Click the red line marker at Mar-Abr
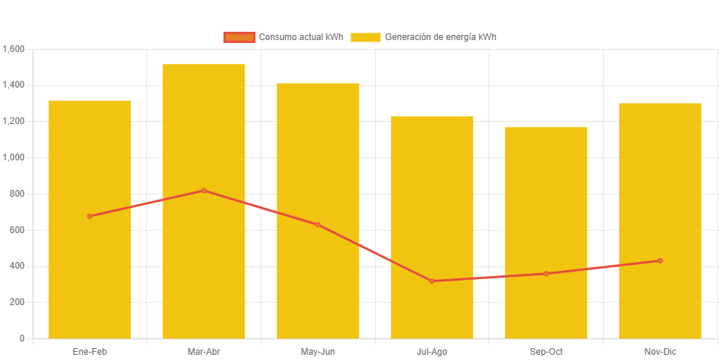pos(203,191)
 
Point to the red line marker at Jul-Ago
pos(432,281)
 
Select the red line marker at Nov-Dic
pos(659,261)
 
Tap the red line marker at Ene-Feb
pos(90,216)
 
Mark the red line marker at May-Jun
pos(318,224)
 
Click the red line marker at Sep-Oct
pos(546,274)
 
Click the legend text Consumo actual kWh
pos(301,37)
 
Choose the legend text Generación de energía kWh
pos(441,37)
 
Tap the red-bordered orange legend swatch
pos(239,37)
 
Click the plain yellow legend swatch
pos(365,37)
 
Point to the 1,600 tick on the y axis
pos(14,49)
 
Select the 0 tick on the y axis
pos(22,338)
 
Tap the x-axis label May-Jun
pos(318,351)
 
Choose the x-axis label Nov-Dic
pos(659,351)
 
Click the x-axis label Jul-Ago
pos(432,351)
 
